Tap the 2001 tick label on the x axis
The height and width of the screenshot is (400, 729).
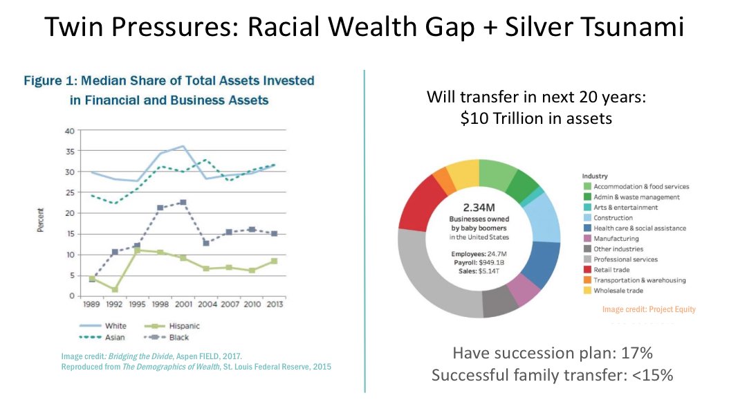pos(183,304)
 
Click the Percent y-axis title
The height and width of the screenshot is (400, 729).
pos(41,213)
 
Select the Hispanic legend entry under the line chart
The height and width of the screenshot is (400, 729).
pos(181,325)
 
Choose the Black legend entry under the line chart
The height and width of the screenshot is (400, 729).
pos(179,338)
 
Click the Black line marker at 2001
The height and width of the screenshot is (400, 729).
pos(183,203)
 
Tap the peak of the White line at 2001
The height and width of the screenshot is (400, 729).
pos(183,147)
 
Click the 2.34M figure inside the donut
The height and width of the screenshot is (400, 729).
pos(478,207)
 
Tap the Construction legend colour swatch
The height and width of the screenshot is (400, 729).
pos(587,218)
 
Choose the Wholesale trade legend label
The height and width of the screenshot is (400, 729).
pos(619,291)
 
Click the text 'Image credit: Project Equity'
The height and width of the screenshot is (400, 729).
pos(649,309)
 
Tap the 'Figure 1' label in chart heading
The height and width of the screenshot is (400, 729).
pos(49,81)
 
